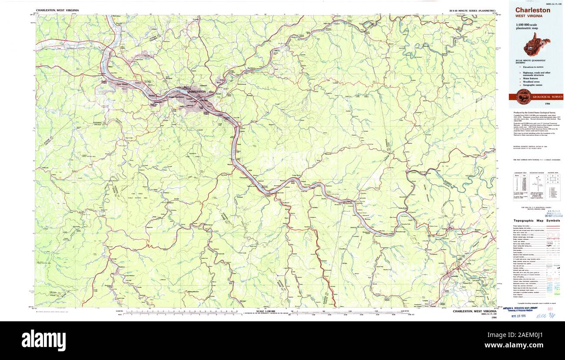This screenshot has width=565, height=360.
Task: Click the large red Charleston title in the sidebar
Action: (x=533, y=10)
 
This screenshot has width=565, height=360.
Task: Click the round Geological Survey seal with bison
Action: (x=522, y=97)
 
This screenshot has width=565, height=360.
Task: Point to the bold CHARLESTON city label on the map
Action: (x=196, y=92)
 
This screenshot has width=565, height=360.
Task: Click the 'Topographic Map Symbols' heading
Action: (x=537, y=220)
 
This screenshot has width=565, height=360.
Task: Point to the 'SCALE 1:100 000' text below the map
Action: (x=267, y=311)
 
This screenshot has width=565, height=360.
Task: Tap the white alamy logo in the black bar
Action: (x=43, y=340)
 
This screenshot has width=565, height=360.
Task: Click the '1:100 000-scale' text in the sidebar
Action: (x=527, y=25)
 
